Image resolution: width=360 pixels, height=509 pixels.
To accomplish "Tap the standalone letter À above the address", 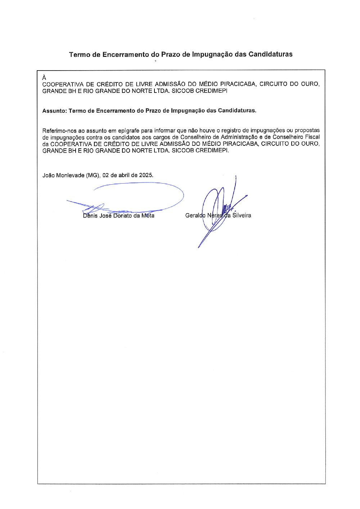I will (44, 77).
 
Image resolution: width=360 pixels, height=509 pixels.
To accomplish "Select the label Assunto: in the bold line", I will (54, 111).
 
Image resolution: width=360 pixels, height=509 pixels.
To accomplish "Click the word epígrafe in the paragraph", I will (129, 131).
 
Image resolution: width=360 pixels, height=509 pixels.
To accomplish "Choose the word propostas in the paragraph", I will (307, 131).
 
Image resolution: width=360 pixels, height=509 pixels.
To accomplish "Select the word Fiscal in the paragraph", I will (312, 137).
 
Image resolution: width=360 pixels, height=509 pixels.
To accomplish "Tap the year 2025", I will (146, 175).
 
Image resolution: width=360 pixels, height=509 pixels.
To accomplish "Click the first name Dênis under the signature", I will (90, 216).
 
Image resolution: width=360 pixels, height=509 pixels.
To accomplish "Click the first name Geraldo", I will (195, 215).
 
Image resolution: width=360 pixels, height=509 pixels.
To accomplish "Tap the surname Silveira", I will (242, 215).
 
